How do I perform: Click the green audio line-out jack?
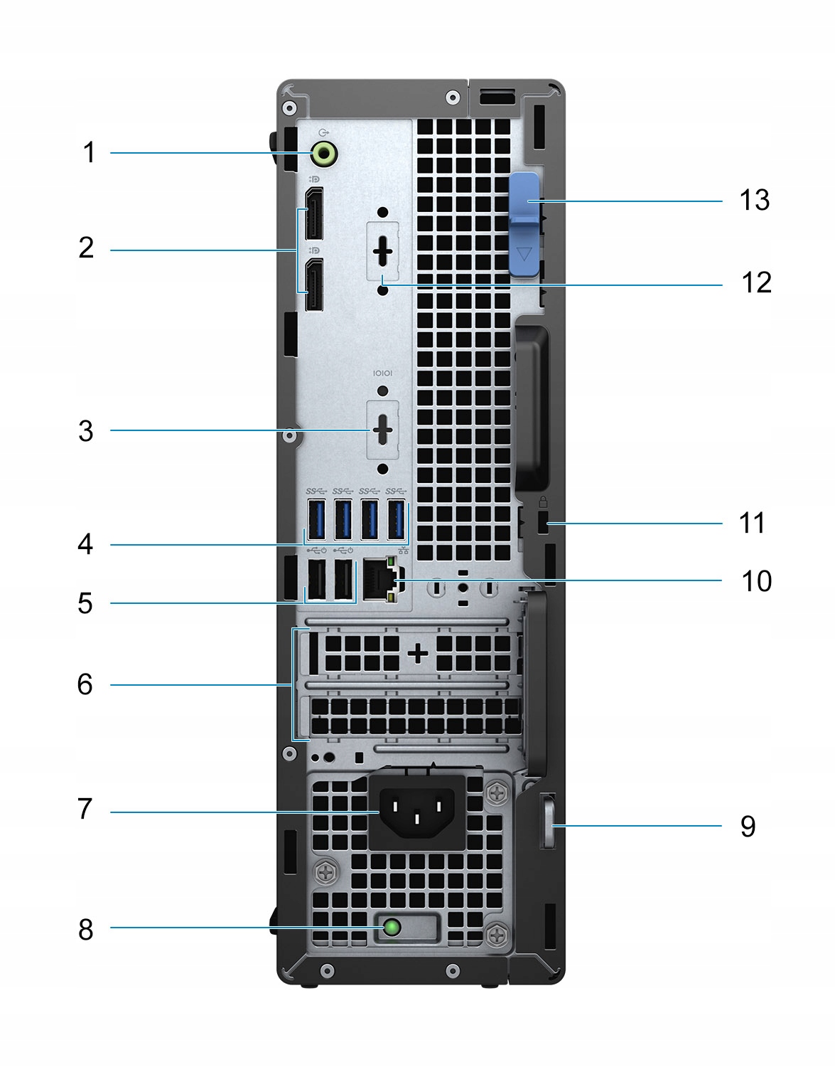pyautogui.click(x=324, y=152)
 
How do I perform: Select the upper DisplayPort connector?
pyautogui.click(x=313, y=214)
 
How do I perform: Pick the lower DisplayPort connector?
pyautogui.click(x=313, y=285)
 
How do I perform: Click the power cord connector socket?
pyautogui.click(x=416, y=812)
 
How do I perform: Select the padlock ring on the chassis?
pyautogui.click(x=549, y=825)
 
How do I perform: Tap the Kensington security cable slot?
pyautogui.click(x=544, y=524)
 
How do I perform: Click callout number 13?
pyautogui.click(x=754, y=201)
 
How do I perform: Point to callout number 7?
pyautogui.click(x=85, y=809)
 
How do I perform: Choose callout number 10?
pyautogui.click(x=756, y=581)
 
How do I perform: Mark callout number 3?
pyautogui.click(x=86, y=431)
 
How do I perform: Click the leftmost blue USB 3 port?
pyautogui.click(x=317, y=520)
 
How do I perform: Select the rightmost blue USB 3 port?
pyautogui.click(x=396, y=520)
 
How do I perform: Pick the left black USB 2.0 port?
pyautogui.click(x=317, y=579)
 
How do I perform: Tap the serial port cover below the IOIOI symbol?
pyautogui.click(x=383, y=430)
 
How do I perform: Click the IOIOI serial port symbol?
pyautogui.click(x=383, y=373)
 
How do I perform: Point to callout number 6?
pyautogui.click(x=85, y=684)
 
